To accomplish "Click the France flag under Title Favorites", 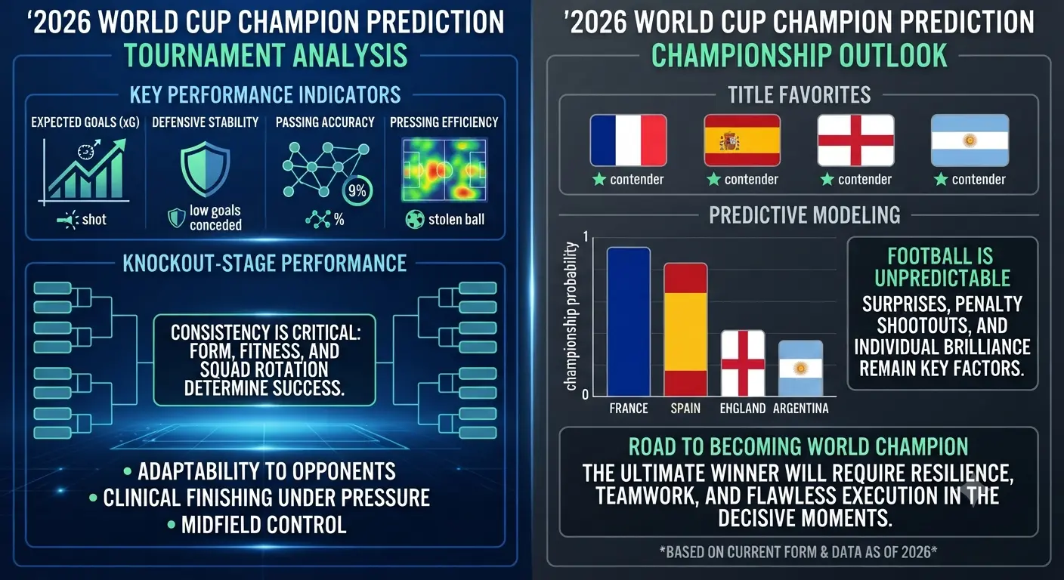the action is point(629,140).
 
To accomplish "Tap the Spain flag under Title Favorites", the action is point(742,140).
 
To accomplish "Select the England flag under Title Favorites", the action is point(855,140).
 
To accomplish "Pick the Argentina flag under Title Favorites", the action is point(970,140).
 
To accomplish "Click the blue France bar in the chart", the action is point(629,322).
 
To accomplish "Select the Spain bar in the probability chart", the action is point(685,330).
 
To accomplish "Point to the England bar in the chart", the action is point(743,363).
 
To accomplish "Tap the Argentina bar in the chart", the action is point(800,369).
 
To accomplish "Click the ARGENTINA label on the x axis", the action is point(800,408).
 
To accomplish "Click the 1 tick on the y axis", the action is point(586,236).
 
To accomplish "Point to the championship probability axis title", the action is point(571,316).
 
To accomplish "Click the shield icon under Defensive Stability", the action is point(206,168).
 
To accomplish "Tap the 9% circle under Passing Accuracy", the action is point(357,191).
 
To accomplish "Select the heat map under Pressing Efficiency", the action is point(444,169).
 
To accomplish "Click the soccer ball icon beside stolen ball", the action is point(415,220).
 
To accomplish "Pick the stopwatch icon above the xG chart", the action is point(86,152).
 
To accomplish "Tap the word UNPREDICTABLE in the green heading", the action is point(942,278).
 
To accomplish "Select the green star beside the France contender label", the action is point(599,180).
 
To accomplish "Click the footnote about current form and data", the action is point(798,552).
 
